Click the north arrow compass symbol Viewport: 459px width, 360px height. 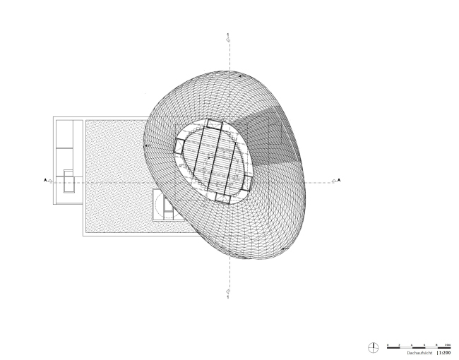click(x=374, y=347)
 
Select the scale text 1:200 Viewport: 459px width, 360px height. click(x=445, y=352)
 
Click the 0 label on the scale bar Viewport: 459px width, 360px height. click(x=387, y=344)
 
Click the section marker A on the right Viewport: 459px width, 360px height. click(x=340, y=181)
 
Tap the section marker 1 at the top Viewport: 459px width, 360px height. click(x=227, y=35)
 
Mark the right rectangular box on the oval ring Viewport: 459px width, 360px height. click(x=246, y=186)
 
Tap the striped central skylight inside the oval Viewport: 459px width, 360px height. click(x=213, y=162)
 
